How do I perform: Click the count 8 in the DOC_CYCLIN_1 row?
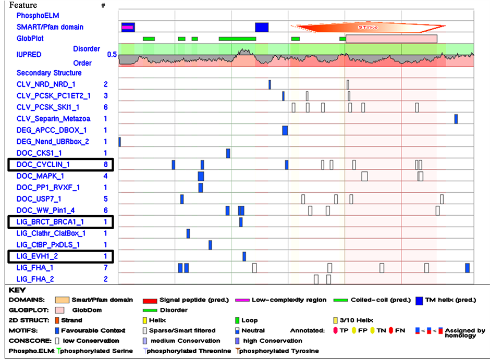[x=105, y=165]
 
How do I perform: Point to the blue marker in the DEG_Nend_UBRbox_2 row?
[x=120, y=142]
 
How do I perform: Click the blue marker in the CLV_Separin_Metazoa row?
[x=456, y=119]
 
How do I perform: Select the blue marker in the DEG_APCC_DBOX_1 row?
[x=285, y=130]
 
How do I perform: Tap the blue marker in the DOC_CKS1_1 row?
[x=228, y=153]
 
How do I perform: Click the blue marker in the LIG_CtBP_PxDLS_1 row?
[x=210, y=245]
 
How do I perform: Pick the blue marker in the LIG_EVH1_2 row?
[x=244, y=256]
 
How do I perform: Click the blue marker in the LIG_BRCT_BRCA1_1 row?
[x=241, y=222]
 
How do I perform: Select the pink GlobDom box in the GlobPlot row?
[x=391, y=39]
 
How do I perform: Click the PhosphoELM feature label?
[x=37, y=16]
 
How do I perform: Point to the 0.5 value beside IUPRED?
[x=112, y=55]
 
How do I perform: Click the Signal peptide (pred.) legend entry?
[x=183, y=300]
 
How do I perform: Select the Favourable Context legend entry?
[x=83, y=330]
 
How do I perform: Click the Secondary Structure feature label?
[x=49, y=73]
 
